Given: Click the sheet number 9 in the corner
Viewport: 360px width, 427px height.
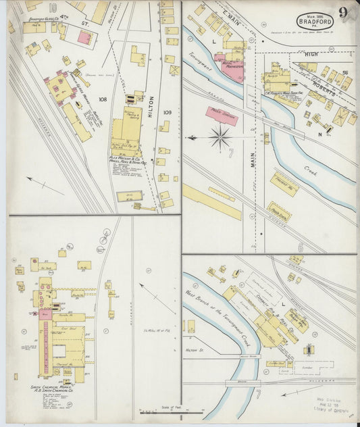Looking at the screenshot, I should coord(344,11).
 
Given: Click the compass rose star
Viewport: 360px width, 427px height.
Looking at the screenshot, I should coord(220,138).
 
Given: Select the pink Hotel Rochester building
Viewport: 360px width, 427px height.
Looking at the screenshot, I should coord(230,67).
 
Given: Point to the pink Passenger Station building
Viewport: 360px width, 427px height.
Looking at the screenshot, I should coord(222,116).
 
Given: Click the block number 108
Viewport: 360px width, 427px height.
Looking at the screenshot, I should coord(103,99).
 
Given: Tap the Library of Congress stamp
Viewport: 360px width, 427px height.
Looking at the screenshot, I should coord(331,405).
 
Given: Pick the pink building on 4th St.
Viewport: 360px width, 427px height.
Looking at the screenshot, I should coord(84,37).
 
